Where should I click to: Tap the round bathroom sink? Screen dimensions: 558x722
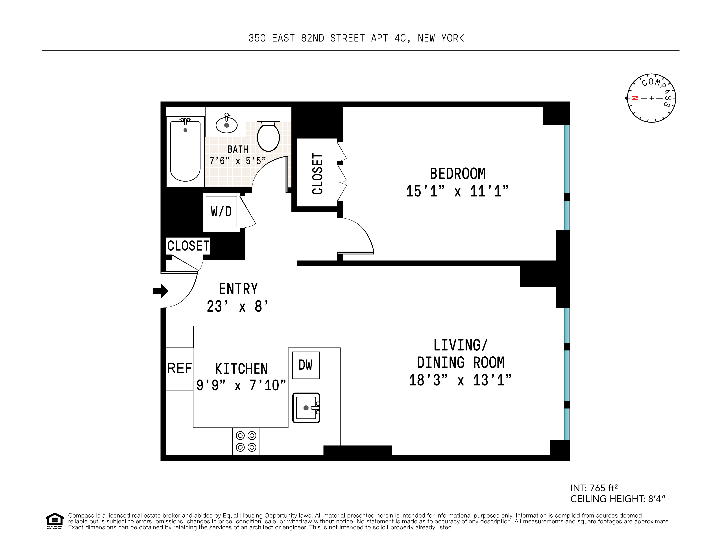(x=226, y=125)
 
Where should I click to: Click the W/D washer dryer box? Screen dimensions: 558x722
(x=221, y=212)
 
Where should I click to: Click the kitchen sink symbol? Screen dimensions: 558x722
(x=306, y=408)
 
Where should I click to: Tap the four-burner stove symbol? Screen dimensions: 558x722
(x=246, y=441)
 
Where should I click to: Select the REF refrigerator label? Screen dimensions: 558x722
(x=180, y=368)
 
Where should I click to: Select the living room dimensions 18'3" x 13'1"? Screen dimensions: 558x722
(x=460, y=380)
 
